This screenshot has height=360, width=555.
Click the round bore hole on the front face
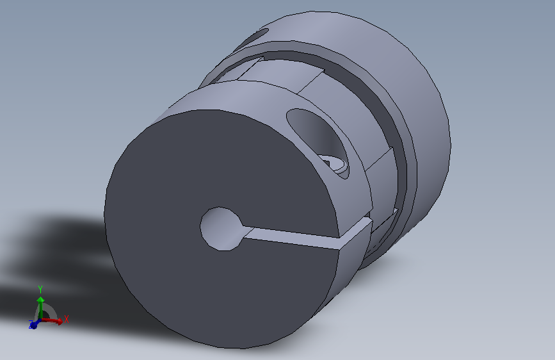tap(221, 227)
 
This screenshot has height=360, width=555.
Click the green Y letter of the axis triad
tap(40, 289)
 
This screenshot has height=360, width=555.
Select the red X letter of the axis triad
tap(67, 318)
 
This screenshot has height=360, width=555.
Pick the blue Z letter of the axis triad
tap(31, 325)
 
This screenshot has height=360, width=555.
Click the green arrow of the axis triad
tap(40, 304)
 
